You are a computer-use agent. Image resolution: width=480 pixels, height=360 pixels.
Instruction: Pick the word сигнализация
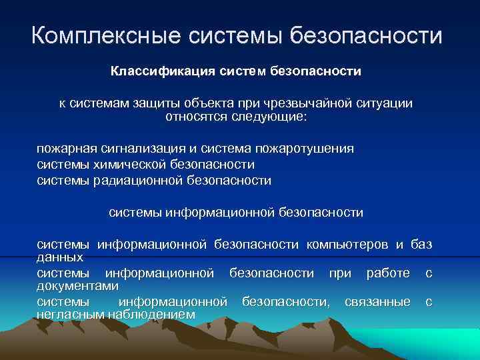pyautogui.click(x=138, y=148)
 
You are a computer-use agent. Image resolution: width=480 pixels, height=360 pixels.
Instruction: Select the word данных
pyautogui.click(x=60, y=256)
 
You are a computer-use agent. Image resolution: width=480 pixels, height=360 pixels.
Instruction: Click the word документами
pyautogui.click(x=77, y=285)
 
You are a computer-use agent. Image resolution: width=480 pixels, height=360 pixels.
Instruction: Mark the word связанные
pyautogui.click(x=377, y=302)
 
